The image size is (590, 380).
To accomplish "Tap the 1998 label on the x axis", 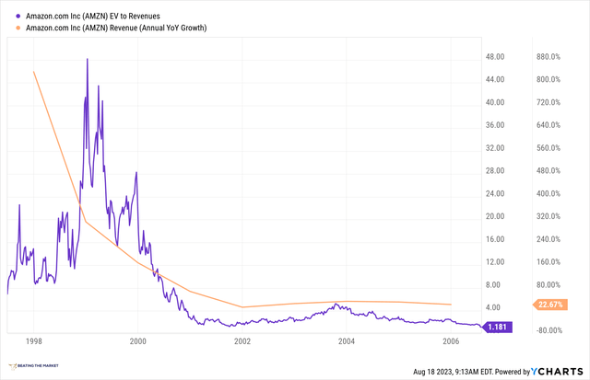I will [33, 340].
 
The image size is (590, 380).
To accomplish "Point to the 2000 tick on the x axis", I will [137, 340].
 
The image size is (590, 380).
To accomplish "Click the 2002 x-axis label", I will [242, 340].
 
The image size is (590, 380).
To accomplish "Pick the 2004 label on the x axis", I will [347, 340].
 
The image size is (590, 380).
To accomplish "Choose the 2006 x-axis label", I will [451, 340].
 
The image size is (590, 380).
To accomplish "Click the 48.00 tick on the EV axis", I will [498, 57].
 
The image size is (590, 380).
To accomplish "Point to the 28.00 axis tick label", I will [498, 171].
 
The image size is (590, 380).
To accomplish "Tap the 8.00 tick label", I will [498, 285].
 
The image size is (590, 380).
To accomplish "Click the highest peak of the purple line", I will [88, 59].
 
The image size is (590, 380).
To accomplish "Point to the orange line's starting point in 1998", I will [34, 72].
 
